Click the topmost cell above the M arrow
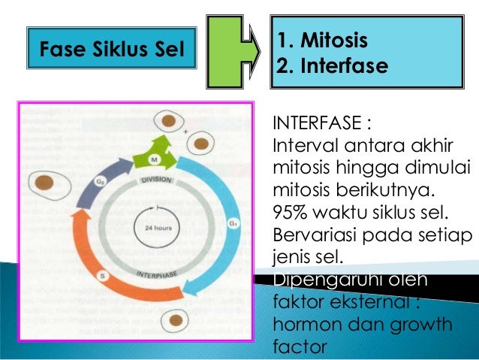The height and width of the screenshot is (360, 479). pos(171,121)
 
